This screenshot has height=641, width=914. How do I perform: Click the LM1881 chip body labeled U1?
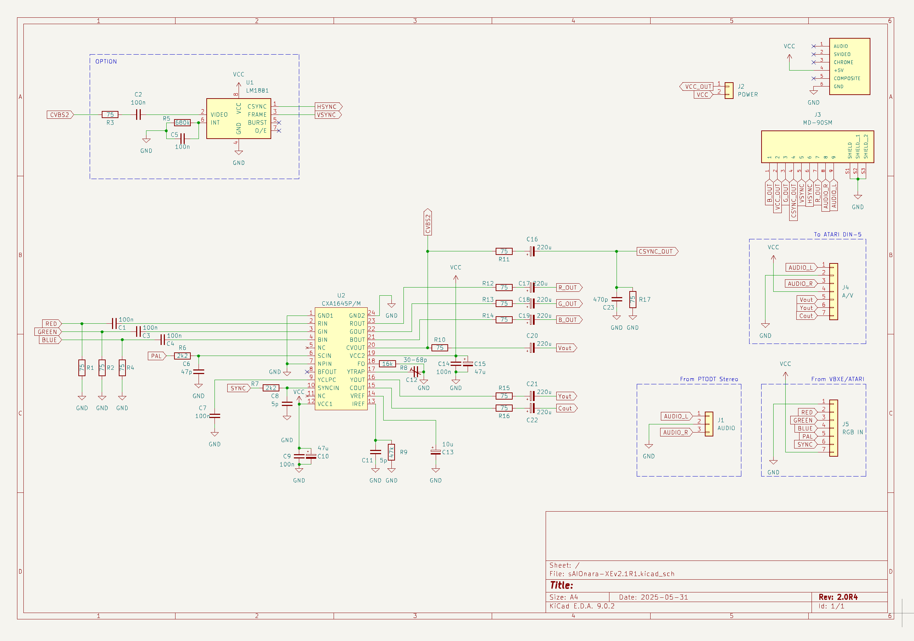coord(239,119)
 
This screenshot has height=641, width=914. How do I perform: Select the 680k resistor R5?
coord(182,123)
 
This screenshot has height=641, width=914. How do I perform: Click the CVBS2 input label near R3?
coord(60,115)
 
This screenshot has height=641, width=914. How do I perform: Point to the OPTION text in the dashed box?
coord(106,61)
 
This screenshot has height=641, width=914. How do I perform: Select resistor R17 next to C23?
coord(632,299)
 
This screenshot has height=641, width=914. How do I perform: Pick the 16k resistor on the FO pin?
coord(388,363)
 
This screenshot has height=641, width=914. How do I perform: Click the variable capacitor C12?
coord(415,372)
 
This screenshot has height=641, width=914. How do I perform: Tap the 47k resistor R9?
coord(391,452)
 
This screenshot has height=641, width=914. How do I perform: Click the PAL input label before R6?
coord(156,356)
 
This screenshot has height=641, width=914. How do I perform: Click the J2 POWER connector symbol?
coord(729,90)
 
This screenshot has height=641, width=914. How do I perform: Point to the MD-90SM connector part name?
coord(817,123)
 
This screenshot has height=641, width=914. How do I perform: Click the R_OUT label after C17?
coord(568,288)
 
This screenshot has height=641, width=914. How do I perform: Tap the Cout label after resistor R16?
coord(565,408)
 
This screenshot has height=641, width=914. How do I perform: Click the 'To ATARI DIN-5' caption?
coord(837,234)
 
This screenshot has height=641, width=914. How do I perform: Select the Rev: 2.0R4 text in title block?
coord(838,597)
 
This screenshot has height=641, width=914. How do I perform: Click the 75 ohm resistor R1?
coord(82,368)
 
